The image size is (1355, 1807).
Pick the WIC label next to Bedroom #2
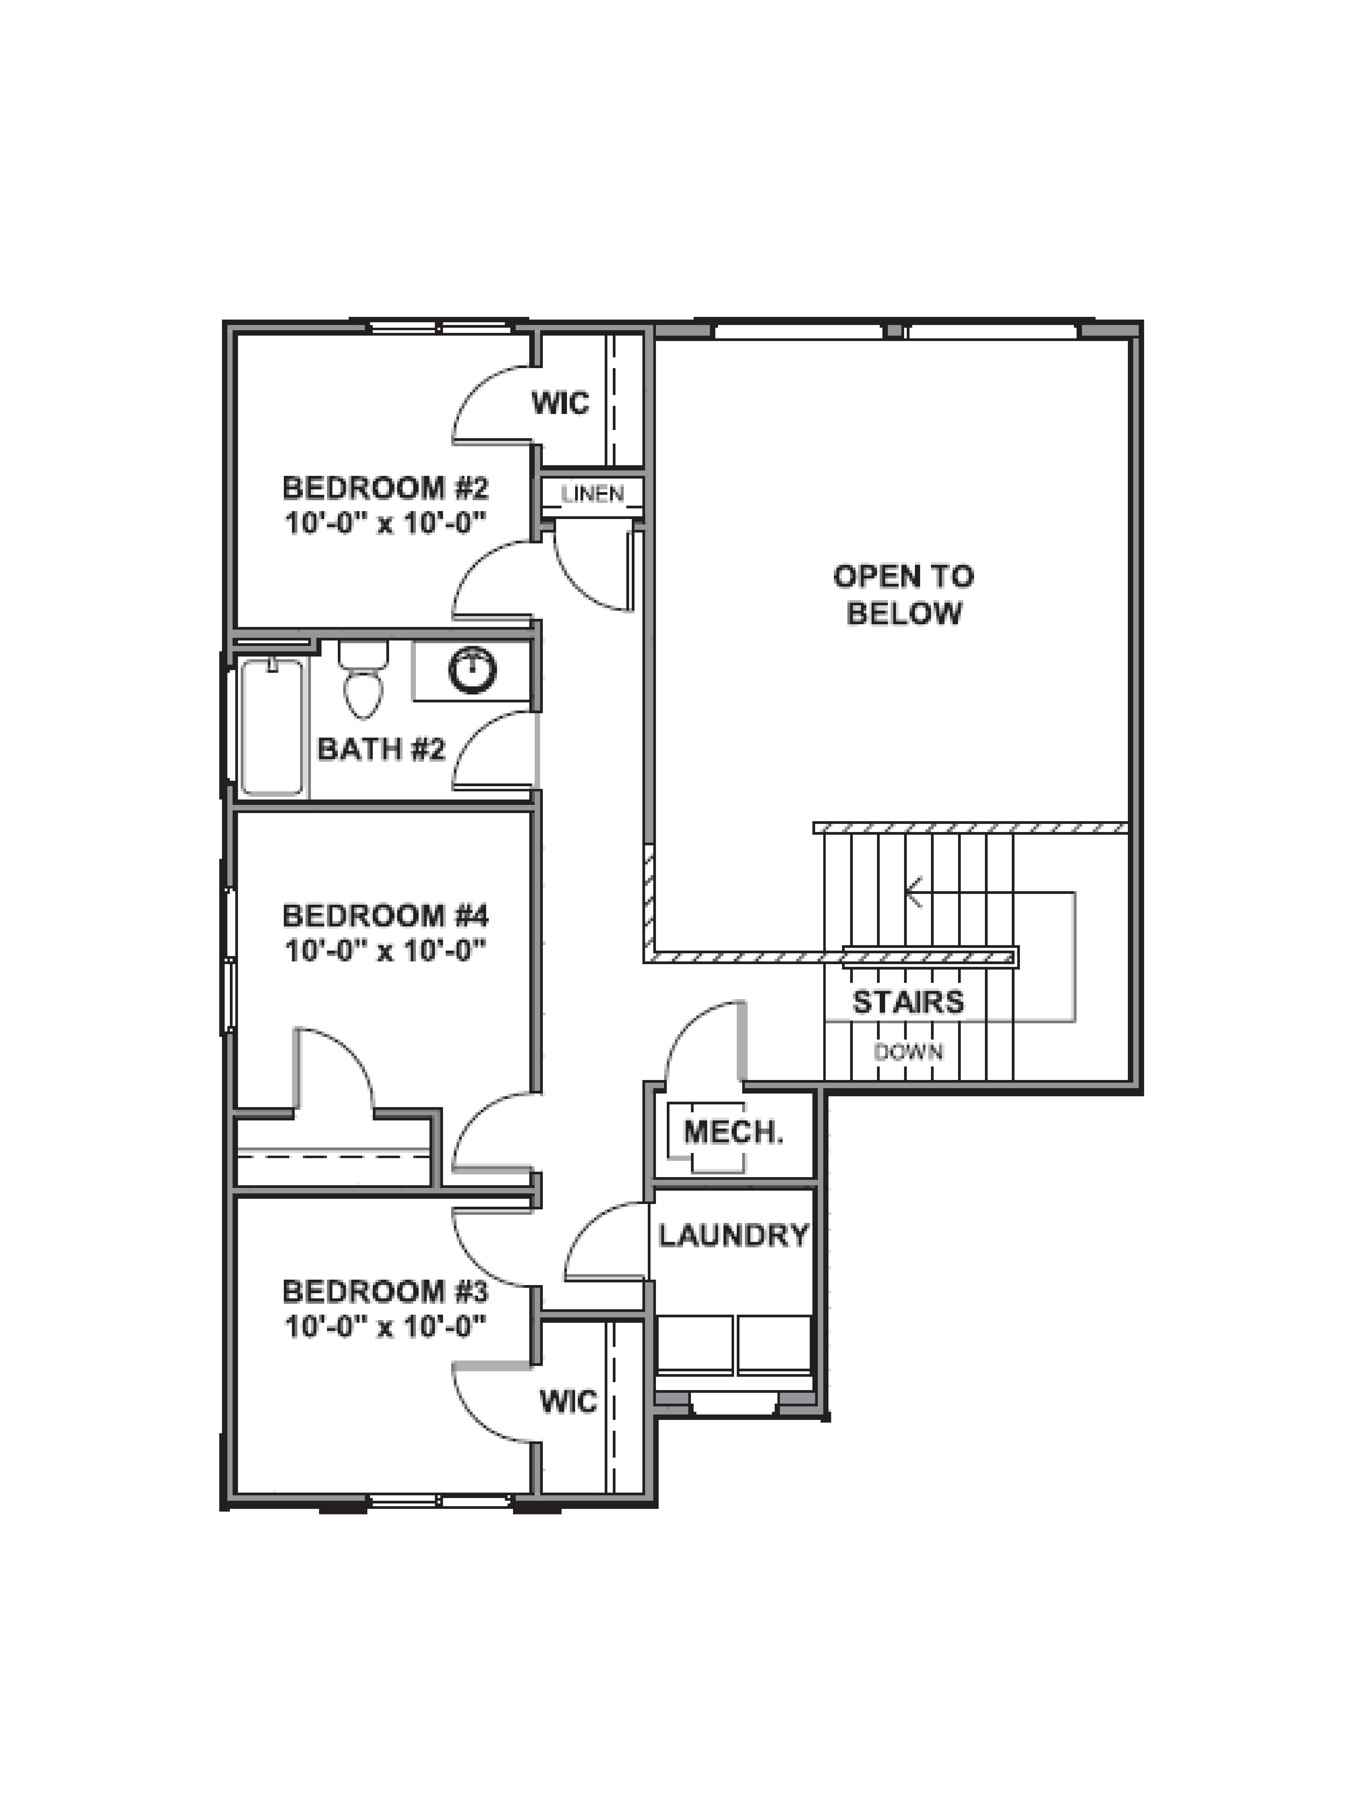pyautogui.click(x=560, y=403)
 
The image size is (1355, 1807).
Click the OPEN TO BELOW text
pyautogui.click(x=903, y=594)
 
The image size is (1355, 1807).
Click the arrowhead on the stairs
pyautogui.click(x=913, y=892)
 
